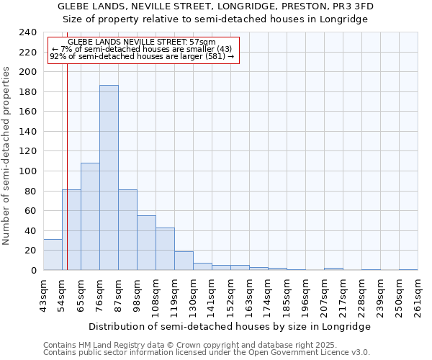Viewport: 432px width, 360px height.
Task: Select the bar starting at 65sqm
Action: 90,216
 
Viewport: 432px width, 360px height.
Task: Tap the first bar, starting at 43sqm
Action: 53,255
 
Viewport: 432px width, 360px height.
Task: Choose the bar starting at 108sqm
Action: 165,249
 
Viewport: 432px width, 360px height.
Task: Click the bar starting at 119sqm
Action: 184,261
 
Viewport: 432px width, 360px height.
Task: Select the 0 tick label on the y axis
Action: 34,271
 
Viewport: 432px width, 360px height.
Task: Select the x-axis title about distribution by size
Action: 230,326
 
